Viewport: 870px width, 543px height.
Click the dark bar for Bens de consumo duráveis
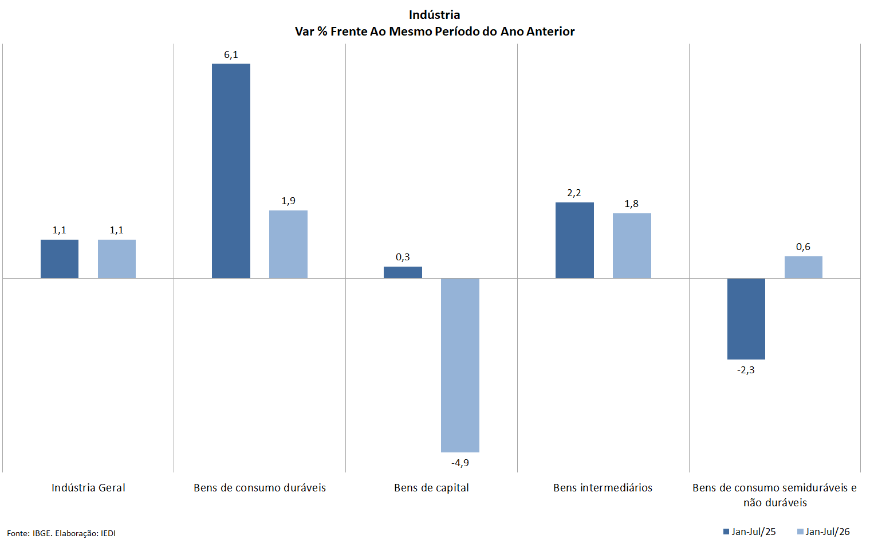(x=231, y=171)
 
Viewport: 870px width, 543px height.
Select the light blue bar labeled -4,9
(x=460, y=365)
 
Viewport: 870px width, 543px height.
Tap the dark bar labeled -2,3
(x=746, y=319)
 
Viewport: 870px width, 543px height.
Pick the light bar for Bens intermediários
(x=632, y=246)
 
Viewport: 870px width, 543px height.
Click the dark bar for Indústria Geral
(x=60, y=259)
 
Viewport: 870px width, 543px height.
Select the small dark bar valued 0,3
(x=403, y=272)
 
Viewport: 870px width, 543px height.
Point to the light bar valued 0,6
(x=804, y=267)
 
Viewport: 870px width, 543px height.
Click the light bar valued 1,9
(x=288, y=244)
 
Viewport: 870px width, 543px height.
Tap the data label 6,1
(x=231, y=55)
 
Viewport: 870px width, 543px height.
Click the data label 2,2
(x=574, y=193)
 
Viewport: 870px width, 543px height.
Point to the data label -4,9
(x=460, y=463)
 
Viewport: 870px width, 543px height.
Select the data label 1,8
(x=632, y=204)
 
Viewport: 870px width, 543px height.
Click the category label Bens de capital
(x=431, y=488)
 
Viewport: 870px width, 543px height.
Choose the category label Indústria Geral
(x=89, y=488)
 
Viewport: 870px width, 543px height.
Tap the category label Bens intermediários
(x=603, y=488)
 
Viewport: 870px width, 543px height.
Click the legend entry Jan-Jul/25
(x=750, y=532)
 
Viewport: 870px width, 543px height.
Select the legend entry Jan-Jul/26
(x=824, y=532)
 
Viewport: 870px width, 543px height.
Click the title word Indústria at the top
(x=435, y=15)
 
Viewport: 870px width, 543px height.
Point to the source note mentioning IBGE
(x=61, y=533)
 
